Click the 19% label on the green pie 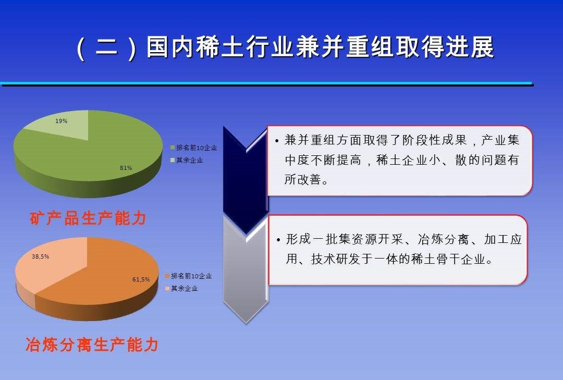pyautogui.click(x=62, y=121)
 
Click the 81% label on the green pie pyautogui.click(x=126, y=168)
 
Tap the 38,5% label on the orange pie pyautogui.click(x=41, y=256)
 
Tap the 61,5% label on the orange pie pyautogui.click(x=141, y=279)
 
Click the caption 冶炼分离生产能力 pyautogui.click(x=92, y=345)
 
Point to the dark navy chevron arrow pyautogui.click(x=245, y=177)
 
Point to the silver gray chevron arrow pyautogui.click(x=246, y=276)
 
